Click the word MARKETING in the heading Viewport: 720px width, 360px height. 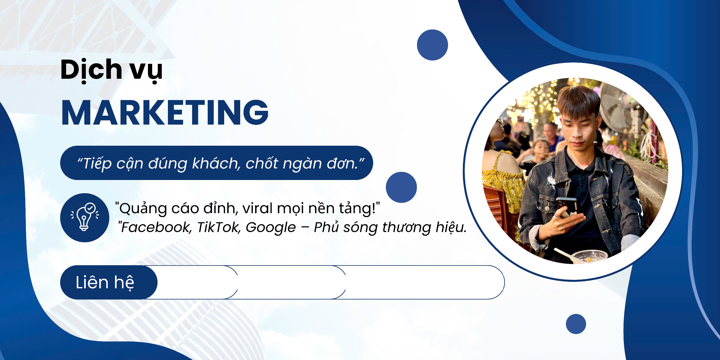pos(165,112)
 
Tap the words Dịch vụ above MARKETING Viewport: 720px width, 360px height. pos(111,71)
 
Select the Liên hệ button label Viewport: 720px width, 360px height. pos(105,282)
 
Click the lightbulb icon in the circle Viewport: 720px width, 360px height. pos(85,217)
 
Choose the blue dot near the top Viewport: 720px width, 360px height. pos(432,45)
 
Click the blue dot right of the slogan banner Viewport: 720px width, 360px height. pos(401,187)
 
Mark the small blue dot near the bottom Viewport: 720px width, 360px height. pos(576,324)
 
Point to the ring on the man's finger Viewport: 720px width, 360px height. pos(557,216)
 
